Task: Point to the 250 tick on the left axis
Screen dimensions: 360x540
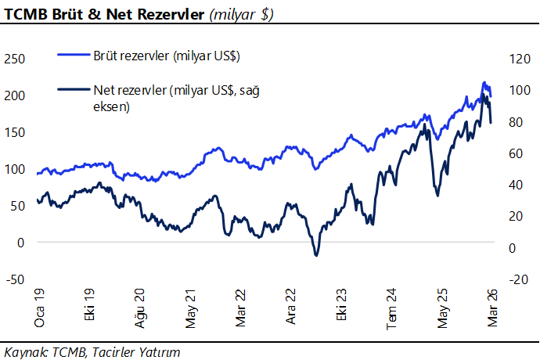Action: coord(15,58)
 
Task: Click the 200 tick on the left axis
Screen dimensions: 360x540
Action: coord(15,95)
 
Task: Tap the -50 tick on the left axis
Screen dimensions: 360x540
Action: coord(15,279)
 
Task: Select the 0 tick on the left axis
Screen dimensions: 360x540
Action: coord(21,242)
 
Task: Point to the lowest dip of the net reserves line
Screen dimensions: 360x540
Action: coord(316,255)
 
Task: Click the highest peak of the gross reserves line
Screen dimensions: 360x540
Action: coord(484,82)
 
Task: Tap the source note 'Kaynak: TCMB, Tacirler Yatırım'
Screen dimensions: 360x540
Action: coord(92,351)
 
